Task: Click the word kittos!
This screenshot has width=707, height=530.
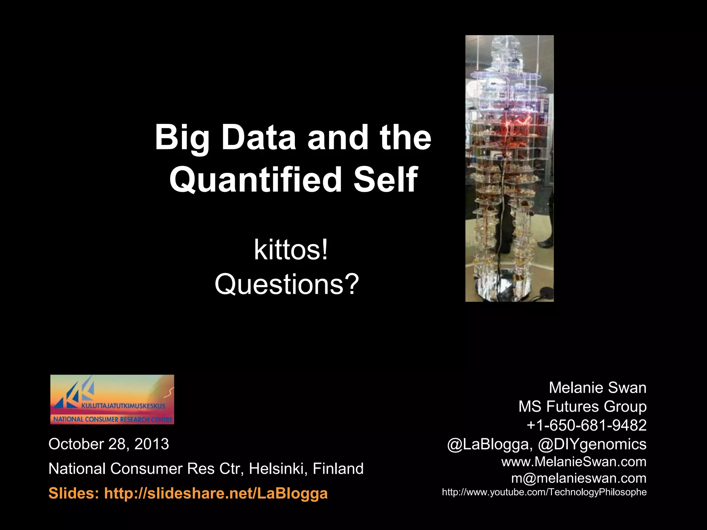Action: click(x=291, y=250)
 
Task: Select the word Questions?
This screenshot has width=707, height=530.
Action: click(x=287, y=284)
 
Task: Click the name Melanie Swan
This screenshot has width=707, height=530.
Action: click(x=597, y=388)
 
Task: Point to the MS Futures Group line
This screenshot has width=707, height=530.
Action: click(x=582, y=406)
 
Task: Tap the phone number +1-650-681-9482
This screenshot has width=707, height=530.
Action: click(x=586, y=425)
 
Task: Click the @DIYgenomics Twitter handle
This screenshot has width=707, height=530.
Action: click(x=592, y=444)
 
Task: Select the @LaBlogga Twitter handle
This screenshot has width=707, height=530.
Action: click(x=488, y=444)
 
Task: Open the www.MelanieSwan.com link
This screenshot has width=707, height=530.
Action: click(x=573, y=462)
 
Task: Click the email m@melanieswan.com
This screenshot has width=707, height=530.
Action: click(x=579, y=478)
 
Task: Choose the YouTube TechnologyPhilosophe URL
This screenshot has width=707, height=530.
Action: click(x=544, y=492)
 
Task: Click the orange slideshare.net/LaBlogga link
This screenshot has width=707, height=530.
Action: click(x=216, y=493)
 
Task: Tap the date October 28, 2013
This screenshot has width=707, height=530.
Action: click(x=109, y=444)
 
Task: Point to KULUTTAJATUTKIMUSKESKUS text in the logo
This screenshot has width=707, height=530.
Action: click(x=123, y=406)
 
